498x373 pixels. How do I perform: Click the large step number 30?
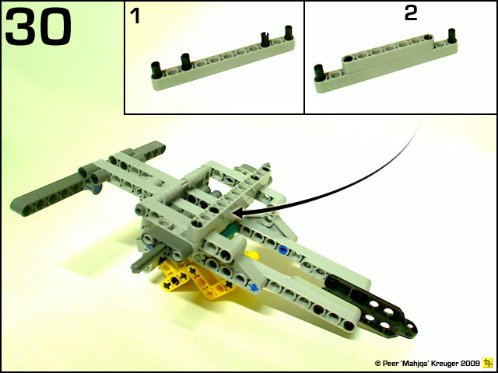pos(38,26)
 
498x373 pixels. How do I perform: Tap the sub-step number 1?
pos(135,16)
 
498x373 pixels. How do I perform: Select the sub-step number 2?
pos(410,13)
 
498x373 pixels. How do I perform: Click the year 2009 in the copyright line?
pos(468,363)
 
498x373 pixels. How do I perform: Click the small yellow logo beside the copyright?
pos(487,362)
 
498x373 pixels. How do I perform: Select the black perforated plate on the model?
pos(372,306)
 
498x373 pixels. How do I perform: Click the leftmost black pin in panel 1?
pos(156,70)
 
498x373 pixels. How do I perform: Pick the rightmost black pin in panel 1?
pos(289,33)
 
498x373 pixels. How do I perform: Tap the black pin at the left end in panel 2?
pos(320,73)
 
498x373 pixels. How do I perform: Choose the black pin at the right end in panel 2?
pos(451,36)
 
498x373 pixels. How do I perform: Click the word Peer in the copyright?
pos(389,364)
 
